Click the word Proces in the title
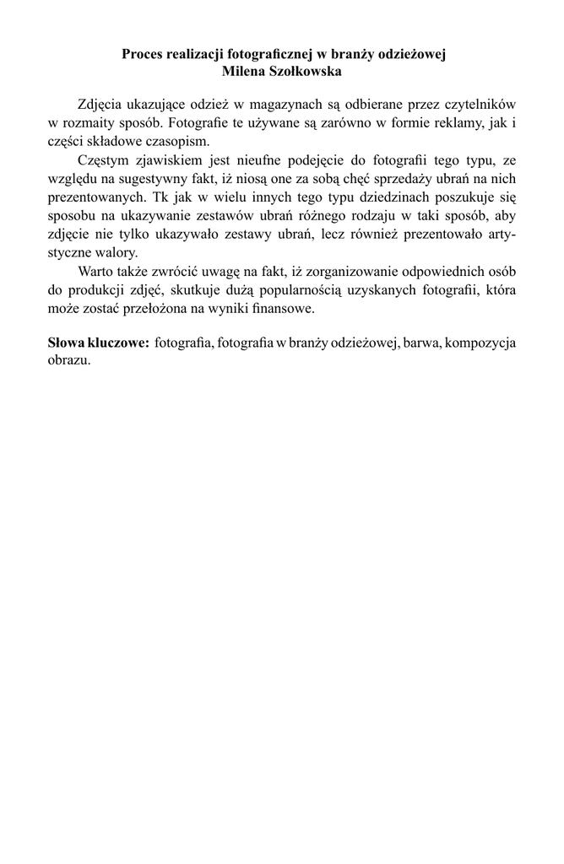(142, 56)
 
